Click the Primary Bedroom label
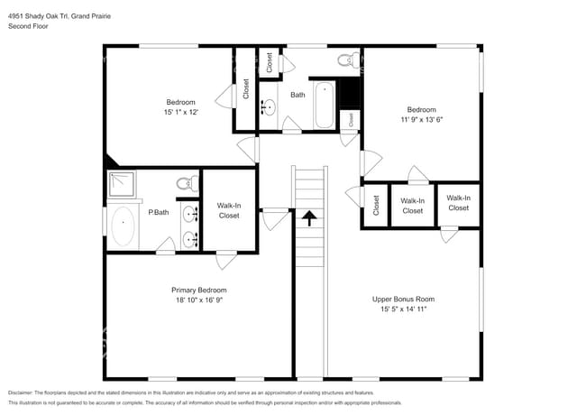pyautogui.click(x=198, y=290)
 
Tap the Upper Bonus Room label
pyautogui.click(x=403, y=299)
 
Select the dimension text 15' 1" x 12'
pyautogui.click(x=181, y=112)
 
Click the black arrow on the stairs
pyautogui.click(x=309, y=217)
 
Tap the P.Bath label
pyautogui.click(x=159, y=212)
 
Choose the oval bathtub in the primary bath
pyautogui.click(x=122, y=226)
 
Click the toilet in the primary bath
pyautogui.click(x=185, y=183)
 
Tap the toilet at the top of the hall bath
pyautogui.click(x=344, y=60)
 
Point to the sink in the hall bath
pyautogui.click(x=269, y=108)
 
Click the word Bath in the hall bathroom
pyautogui.click(x=298, y=94)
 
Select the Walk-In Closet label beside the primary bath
pyautogui.click(x=229, y=210)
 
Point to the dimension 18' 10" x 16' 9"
pyautogui.click(x=198, y=300)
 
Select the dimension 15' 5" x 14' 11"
pyautogui.click(x=403, y=309)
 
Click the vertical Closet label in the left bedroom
pyautogui.click(x=245, y=90)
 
